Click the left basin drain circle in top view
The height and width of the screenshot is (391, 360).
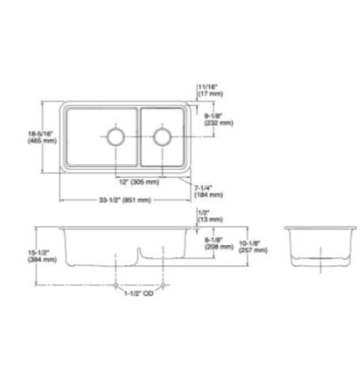pyautogui.click(x=116, y=136)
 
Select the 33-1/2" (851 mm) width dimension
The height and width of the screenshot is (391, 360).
pyautogui.click(x=125, y=200)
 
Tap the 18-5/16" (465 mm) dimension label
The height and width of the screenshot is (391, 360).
pyautogui.click(x=42, y=137)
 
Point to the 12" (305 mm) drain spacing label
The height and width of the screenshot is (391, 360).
pyautogui.click(x=138, y=182)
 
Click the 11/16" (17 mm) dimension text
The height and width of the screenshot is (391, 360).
pyautogui.click(x=210, y=90)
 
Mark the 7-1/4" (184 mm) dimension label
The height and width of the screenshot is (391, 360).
pyautogui.click(x=208, y=192)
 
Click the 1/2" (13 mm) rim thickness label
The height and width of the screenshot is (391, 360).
pyautogui.click(x=210, y=216)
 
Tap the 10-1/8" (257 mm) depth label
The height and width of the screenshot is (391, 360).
pyautogui.click(x=252, y=246)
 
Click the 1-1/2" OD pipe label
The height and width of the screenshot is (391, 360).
pyautogui.click(x=139, y=293)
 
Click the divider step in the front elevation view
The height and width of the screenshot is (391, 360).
pyautogui.click(x=138, y=254)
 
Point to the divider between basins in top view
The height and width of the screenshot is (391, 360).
pyautogui.click(x=138, y=137)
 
